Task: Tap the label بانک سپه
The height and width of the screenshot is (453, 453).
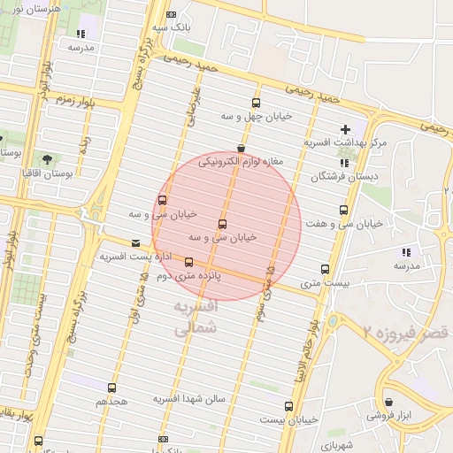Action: point(172,27)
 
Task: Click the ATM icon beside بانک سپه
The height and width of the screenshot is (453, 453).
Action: point(172,14)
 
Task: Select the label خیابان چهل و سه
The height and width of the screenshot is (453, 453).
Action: point(256,116)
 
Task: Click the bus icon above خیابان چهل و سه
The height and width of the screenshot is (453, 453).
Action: point(256,103)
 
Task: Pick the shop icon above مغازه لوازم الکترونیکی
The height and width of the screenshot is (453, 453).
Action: point(241,149)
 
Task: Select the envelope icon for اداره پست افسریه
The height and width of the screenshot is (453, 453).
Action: point(134,242)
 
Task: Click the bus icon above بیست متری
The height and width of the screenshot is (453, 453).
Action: point(325,269)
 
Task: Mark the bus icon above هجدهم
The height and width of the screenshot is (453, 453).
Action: point(111,388)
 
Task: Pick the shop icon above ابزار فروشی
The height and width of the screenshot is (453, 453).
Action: point(387,402)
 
